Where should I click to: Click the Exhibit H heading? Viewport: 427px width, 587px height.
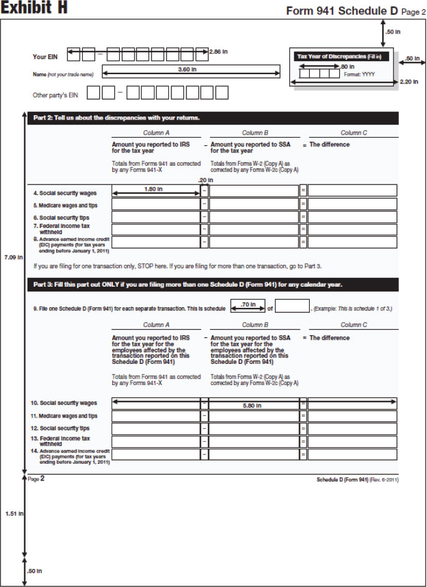[34, 9]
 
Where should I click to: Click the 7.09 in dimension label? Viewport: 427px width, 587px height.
[12, 257]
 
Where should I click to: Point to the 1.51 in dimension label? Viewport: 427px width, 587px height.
[12, 513]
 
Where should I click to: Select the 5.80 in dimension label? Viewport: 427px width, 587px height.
[252, 406]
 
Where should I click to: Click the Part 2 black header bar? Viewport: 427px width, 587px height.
[213, 118]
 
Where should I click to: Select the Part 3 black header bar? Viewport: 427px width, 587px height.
[213, 285]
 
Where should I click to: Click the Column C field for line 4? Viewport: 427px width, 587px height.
[352, 191]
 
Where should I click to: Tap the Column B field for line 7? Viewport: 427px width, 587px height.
[254, 230]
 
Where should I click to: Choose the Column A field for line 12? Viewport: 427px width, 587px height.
[156, 429]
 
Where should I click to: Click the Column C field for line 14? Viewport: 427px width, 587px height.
[352, 455]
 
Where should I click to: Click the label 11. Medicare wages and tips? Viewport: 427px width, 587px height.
[65, 416]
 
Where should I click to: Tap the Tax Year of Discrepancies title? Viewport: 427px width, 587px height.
[340, 57]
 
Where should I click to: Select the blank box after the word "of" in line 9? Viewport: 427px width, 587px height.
[292, 306]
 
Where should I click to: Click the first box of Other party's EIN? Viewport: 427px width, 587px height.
[94, 94]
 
